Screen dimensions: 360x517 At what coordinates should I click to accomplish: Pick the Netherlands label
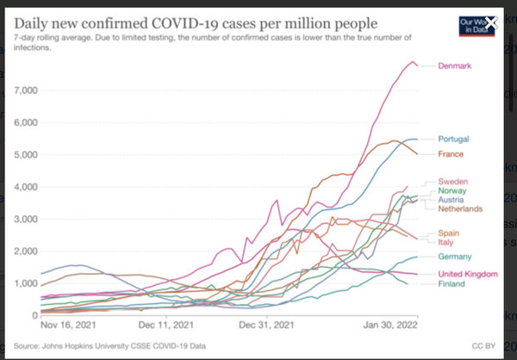pos(461,208)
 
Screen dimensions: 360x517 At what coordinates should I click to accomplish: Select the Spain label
pos(450,233)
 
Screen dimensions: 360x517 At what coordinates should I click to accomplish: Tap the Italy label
pos(446,243)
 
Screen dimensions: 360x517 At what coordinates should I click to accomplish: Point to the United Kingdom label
pos(468,274)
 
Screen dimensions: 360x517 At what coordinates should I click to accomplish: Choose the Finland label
pos(452,284)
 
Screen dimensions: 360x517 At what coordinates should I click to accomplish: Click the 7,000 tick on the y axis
pos(23,90)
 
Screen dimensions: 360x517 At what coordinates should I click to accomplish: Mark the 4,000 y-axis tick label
pos(23,186)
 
